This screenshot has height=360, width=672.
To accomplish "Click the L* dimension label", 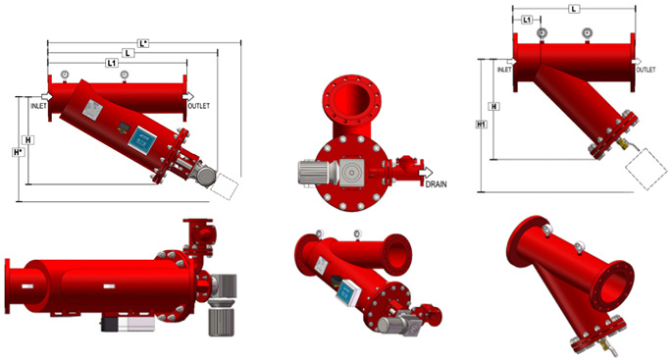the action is pyautogui.click(x=143, y=43).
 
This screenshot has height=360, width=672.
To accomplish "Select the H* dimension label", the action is pyautogui.click(x=18, y=152).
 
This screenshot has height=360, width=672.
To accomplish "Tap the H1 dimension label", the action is pyautogui.click(x=482, y=125).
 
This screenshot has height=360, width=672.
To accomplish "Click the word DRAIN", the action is pyautogui.click(x=436, y=183).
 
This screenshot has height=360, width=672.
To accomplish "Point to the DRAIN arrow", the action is pyautogui.click(x=426, y=173).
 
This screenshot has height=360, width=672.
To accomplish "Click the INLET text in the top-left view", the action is pyautogui.click(x=38, y=106).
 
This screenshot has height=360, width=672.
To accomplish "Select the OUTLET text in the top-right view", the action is pyautogui.click(x=646, y=70).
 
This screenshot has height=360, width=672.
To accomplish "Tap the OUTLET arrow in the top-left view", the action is pyautogui.click(x=187, y=96).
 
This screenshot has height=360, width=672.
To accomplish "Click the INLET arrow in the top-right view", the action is pyautogui.click(x=511, y=62).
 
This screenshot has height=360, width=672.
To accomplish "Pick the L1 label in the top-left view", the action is pyautogui.click(x=112, y=63).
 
